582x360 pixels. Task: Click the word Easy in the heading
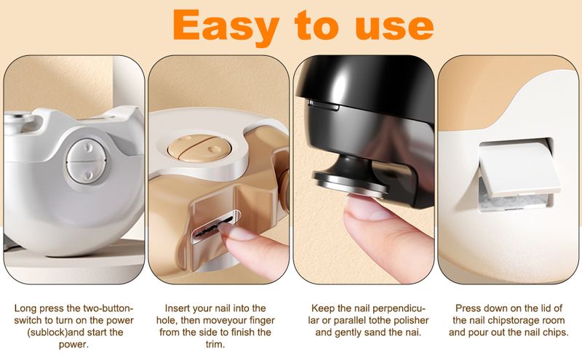click(x=226, y=26)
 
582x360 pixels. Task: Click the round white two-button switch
click(x=86, y=161)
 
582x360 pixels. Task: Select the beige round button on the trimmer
click(x=199, y=148)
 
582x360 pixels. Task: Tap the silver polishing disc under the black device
click(x=351, y=185)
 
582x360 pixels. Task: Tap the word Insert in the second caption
click(x=178, y=308)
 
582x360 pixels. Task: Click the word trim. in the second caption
click(x=215, y=344)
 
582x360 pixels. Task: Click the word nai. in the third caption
click(x=413, y=332)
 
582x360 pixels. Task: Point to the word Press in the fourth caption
click(x=467, y=308)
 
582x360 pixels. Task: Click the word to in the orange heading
click(x=316, y=25)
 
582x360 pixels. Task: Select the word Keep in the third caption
click(x=323, y=308)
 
